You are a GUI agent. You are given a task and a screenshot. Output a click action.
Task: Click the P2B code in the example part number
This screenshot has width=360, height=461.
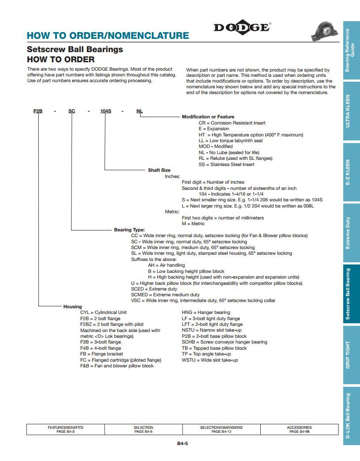click(38, 111)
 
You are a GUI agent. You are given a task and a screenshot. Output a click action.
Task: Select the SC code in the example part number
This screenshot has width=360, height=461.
click(71, 111)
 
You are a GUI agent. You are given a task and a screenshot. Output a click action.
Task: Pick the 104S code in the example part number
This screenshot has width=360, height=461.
click(105, 111)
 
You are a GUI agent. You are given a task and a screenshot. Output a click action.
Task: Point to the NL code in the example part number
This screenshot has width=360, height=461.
click(139, 111)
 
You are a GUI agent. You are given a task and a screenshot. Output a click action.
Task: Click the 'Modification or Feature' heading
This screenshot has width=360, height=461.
click(208, 117)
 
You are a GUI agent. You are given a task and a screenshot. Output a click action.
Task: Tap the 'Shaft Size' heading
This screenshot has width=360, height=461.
click(159, 170)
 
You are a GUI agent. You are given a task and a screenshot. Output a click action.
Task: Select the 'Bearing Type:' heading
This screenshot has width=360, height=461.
click(129, 230)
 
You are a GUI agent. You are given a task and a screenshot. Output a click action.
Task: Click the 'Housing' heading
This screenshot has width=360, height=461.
click(72, 306)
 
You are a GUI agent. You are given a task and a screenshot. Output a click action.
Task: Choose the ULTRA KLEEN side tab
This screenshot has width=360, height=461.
click(352, 111)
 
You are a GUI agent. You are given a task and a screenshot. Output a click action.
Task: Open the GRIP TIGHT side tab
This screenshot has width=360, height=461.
click(352, 355)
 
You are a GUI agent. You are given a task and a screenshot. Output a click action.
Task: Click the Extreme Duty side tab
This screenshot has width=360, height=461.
click(352, 233)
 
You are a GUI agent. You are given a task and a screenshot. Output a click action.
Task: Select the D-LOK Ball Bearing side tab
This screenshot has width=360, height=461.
click(352, 416)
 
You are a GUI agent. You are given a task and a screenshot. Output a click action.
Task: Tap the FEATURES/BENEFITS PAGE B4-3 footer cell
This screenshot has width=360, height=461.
click(65, 429)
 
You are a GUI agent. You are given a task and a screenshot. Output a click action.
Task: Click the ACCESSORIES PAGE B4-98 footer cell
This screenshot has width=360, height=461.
click(299, 429)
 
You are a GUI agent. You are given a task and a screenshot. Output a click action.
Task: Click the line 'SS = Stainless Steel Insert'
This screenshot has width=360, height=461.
click(226, 164)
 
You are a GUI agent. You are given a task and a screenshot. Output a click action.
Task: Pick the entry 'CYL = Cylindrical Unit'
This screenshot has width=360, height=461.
click(103, 312)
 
